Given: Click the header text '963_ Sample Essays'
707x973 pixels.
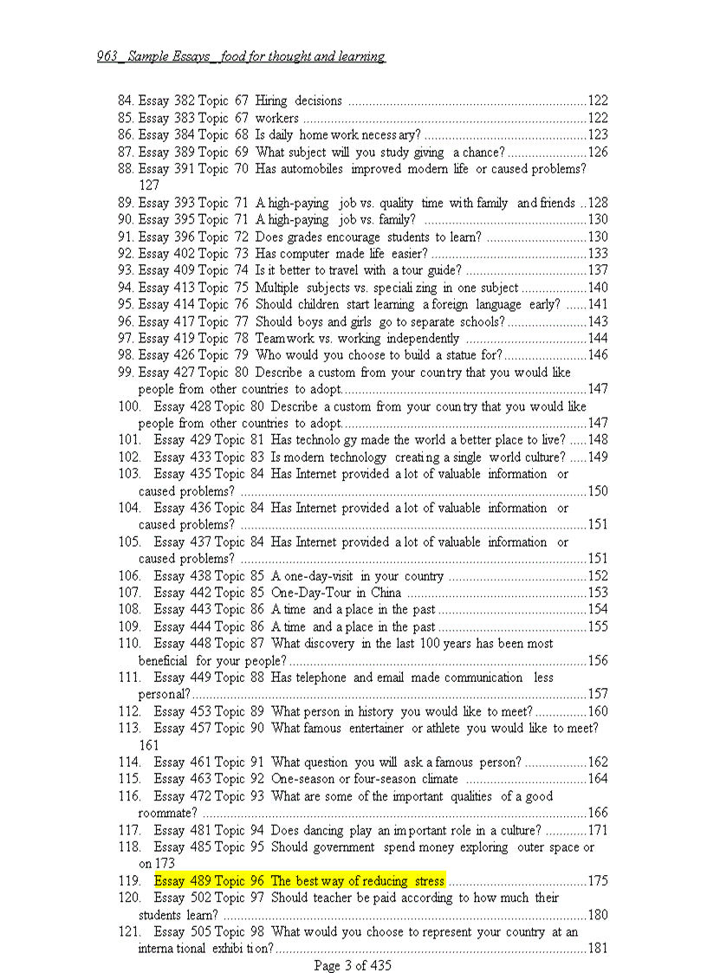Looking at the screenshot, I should tap(156, 57).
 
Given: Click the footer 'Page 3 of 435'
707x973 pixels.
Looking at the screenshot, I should tap(353, 965).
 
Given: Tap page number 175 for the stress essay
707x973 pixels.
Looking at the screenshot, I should tap(598, 881).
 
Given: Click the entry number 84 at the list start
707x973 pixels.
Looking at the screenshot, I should tap(125, 101).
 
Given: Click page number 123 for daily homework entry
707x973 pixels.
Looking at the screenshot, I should tap(598, 135).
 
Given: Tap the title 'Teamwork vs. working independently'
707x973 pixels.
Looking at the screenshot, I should tap(357, 339).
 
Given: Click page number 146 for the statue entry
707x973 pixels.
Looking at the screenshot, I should tap(598, 355).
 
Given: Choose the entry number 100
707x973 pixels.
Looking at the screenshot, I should tap(129, 406).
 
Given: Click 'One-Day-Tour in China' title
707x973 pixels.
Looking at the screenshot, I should tap(336, 593).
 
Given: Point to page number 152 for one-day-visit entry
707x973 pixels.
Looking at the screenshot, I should tap(598, 576).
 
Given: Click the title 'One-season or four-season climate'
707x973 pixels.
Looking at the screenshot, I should tap(365, 779).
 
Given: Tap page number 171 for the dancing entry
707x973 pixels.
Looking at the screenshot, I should tap(598, 830).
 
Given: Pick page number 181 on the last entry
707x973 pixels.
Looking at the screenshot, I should tap(598, 949).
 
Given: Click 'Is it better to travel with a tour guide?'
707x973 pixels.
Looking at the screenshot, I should tap(347, 271).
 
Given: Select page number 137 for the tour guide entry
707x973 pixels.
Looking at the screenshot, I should tap(598, 271).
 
